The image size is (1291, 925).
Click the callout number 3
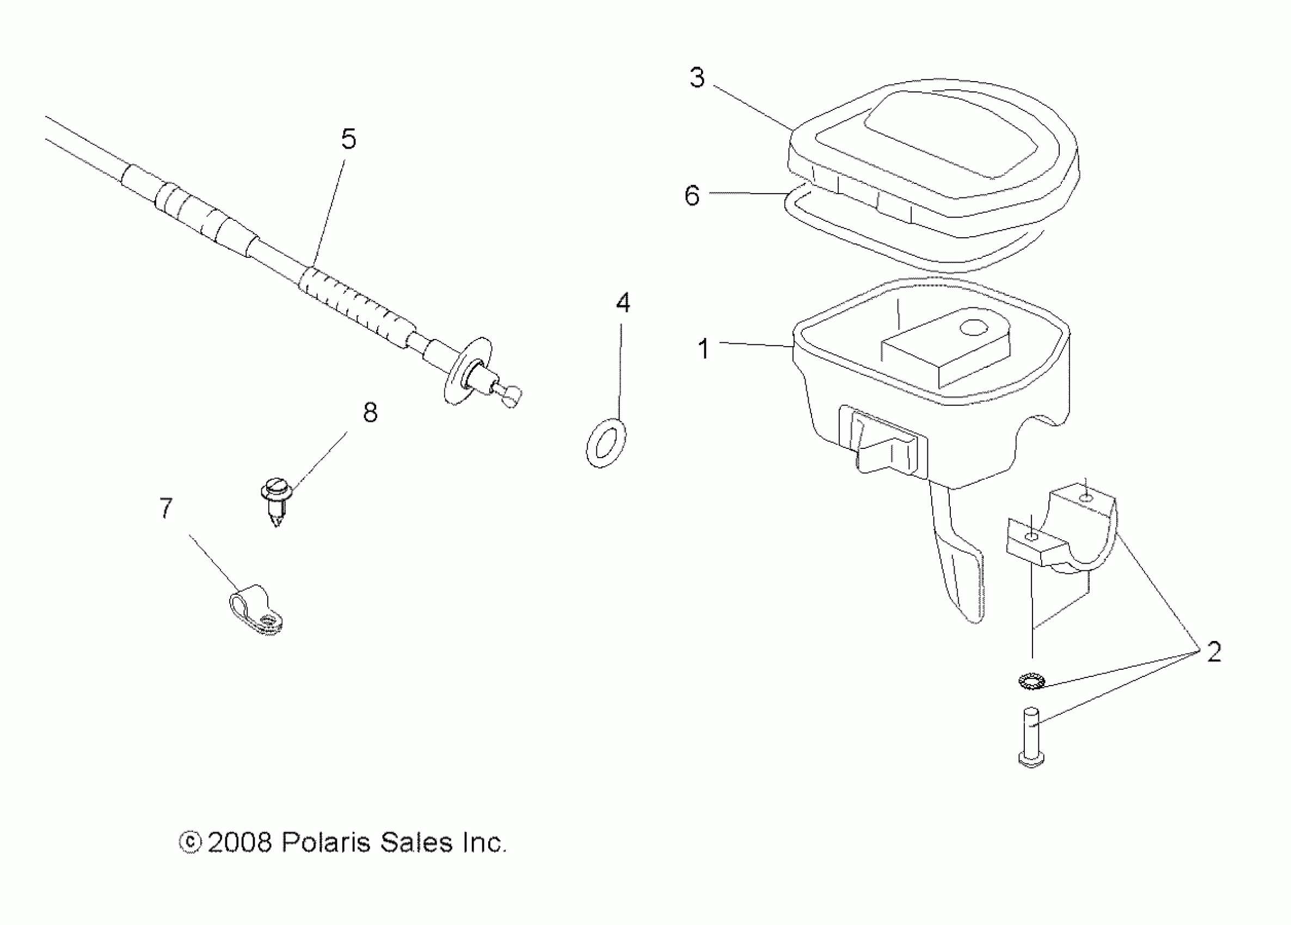[x=697, y=78]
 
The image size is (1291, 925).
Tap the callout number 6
[x=692, y=195]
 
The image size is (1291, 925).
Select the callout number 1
[x=704, y=348]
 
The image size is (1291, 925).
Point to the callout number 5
[x=348, y=139]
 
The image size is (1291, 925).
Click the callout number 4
[x=623, y=303]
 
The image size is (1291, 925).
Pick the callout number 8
[x=370, y=412]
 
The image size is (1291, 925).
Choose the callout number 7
[x=165, y=508]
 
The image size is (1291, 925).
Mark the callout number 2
[x=1214, y=652]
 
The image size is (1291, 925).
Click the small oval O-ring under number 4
[x=606, y=443]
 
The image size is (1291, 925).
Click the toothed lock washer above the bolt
[x=1031, y=681]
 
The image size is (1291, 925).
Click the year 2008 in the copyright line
[x=239, y=843]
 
